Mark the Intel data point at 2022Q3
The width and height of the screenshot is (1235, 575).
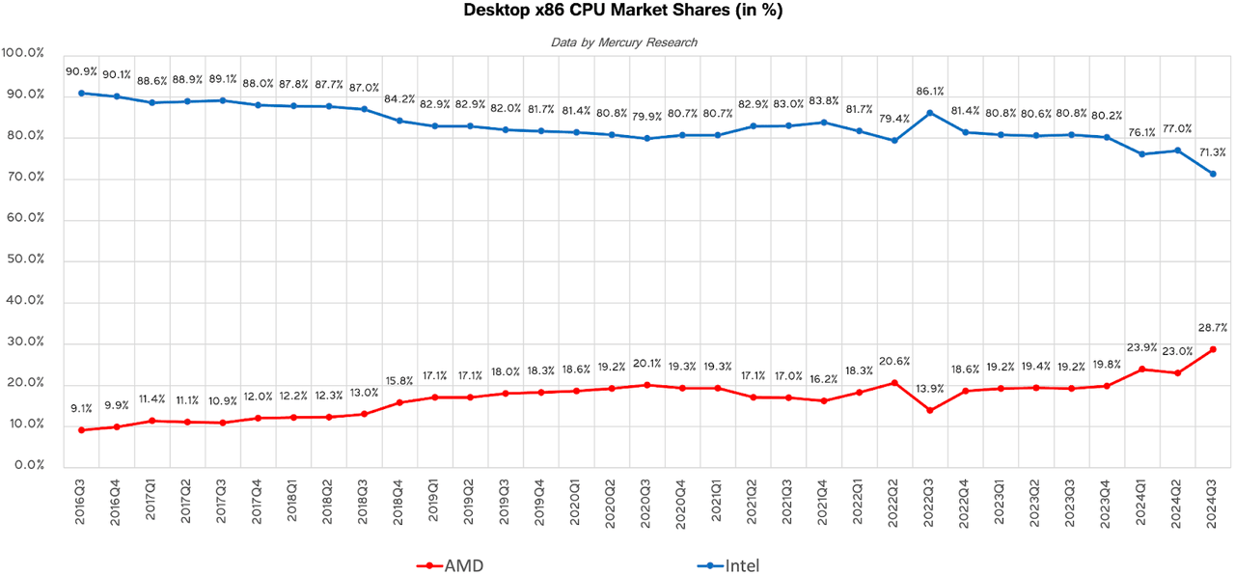(929, 112)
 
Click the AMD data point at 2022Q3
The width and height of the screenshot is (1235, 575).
(929, 410)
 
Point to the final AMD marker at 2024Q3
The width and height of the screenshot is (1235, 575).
(1213, 349)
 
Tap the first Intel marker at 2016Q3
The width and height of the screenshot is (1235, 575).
(81, 93)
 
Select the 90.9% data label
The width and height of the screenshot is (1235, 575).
(81, 71)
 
